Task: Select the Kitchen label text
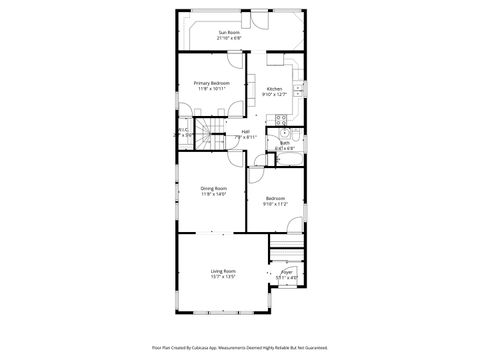point(274,89)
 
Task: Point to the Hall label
point(245,132)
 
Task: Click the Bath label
point(284,143)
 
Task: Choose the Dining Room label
point(214,188)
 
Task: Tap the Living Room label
point(223,271)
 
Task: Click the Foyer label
point(287,271)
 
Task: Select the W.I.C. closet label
point(184,129)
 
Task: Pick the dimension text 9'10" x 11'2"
point(275,204)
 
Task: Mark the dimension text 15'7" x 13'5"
point(223,277)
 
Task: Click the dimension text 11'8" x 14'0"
point(214,194)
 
